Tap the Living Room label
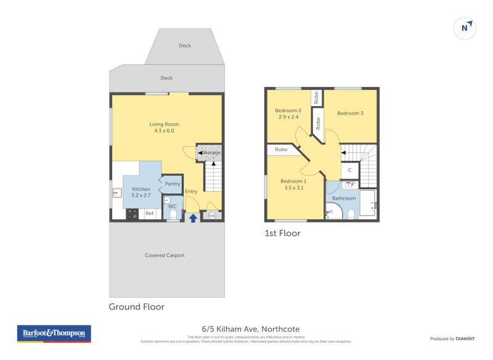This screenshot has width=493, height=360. point(164,124)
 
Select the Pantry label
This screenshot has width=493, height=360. point(173,184)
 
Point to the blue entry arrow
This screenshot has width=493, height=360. point(193,217)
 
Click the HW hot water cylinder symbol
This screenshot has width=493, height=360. point(212,215)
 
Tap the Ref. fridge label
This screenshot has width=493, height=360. point(150,214)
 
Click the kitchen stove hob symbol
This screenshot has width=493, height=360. point(132,214)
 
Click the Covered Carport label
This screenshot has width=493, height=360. point(165,255)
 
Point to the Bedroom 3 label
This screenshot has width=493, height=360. point(350,113)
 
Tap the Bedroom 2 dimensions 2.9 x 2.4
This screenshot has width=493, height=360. point(288,117)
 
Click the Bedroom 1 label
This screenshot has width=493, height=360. point(293,181)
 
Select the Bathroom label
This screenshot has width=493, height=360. point(344,198)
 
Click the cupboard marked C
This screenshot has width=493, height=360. point(349,170)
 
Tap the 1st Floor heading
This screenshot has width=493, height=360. point(282,233)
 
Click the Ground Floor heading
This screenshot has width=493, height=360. point(136,306)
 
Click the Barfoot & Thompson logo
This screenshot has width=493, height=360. point(54,333)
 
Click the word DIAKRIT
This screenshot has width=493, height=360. point(464,338)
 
